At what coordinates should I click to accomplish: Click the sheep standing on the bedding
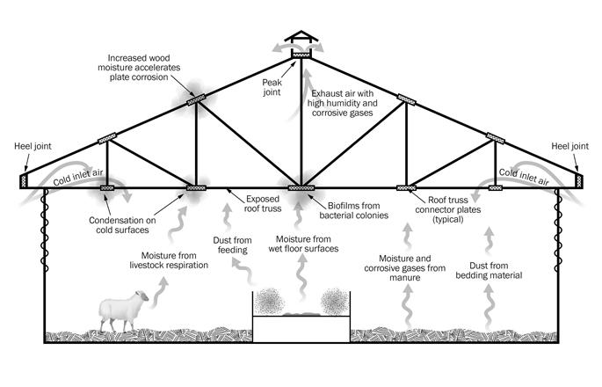[118, 310]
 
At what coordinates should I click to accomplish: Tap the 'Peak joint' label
[274, 84]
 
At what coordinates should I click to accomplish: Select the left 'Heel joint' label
[27, 146]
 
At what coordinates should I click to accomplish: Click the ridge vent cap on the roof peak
[301, 43]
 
